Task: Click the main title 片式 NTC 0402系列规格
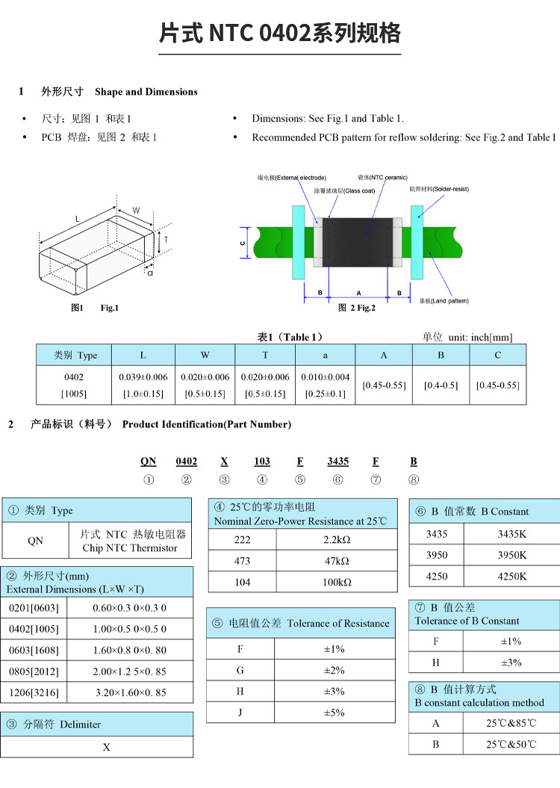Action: [x=280, y=34]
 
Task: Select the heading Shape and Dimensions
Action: [x=146, y=92]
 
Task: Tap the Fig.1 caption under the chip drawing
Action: [x=109, y=308]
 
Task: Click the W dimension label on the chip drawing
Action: [x=137, y=211]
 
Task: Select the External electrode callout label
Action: [x=291, y=178]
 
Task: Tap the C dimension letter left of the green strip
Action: [x=243, y=243]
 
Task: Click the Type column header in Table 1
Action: [x=76, y=355]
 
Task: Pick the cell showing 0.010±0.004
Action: [x=326, y=377]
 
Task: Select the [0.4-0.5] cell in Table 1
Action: [x=441, y=385]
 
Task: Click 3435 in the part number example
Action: [x=338, y=462]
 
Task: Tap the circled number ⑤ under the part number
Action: [x=299, y=480]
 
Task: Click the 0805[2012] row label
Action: [x=33, y=671]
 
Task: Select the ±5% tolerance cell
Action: [x=334, y=713]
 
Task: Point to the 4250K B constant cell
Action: [x=512, y=576]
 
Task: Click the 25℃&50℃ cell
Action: [x=511, y=744]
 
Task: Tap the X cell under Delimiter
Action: [x=107, y=747]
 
